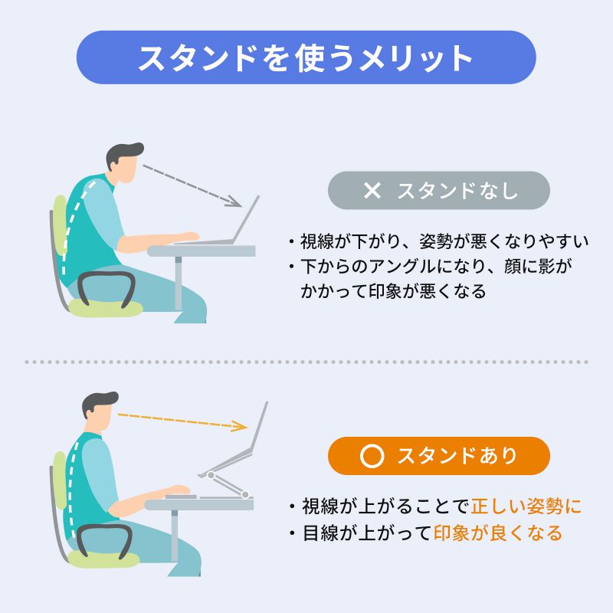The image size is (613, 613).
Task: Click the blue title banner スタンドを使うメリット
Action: pos(306,57)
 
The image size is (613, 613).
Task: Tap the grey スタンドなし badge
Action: pos(438,191)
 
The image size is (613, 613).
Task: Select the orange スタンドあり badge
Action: pos(438,456)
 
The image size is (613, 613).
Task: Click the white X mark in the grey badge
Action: pos(372,191)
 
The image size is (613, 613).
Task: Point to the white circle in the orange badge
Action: pos(372,457)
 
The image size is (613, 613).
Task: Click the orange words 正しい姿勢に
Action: pos(526,506)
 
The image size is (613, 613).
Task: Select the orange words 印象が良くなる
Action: pos(498,533)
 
